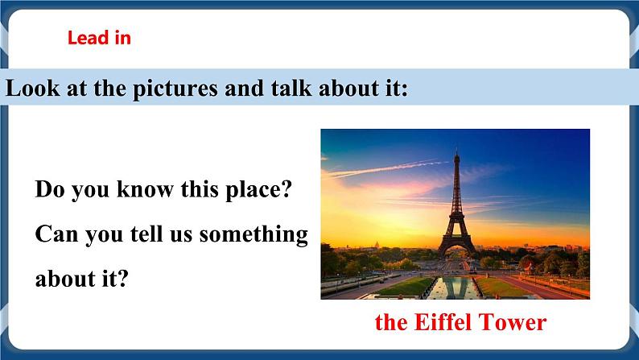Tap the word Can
(x=55, y=235)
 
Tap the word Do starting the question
(x=49, y=192)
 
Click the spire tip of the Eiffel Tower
(x=456, y=150)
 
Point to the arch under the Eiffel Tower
(x=456, y=248)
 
